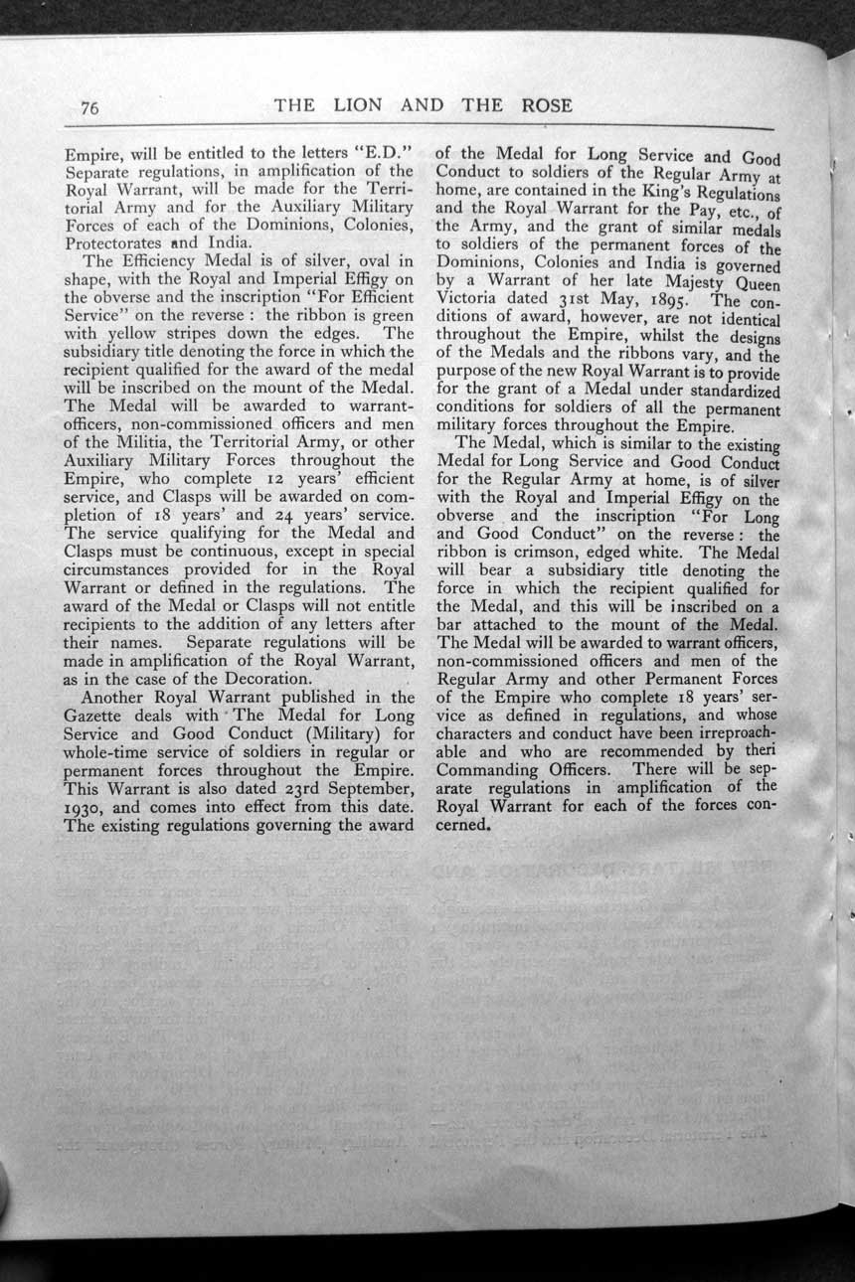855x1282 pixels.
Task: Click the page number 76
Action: pos(88,108)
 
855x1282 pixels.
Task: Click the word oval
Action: pos(354,261)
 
